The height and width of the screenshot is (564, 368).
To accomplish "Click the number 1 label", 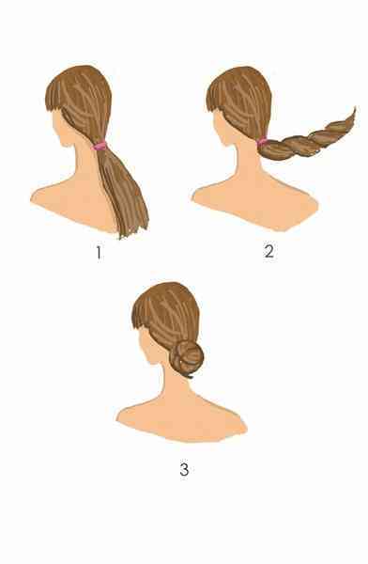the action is (99, 253).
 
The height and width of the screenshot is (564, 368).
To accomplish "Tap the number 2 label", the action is (269, 251).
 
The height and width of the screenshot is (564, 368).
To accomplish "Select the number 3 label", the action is (184, 470).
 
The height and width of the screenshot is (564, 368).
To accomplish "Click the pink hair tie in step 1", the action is (100, 146).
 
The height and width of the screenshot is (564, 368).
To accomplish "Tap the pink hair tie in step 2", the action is (261, 141).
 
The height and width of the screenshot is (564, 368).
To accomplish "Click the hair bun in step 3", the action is (187, 359).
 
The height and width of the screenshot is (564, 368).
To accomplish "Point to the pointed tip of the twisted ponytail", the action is (355, 107).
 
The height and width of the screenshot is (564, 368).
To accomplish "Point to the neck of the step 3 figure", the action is (173, 384).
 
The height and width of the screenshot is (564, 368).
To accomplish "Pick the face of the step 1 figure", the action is (61, 128).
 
